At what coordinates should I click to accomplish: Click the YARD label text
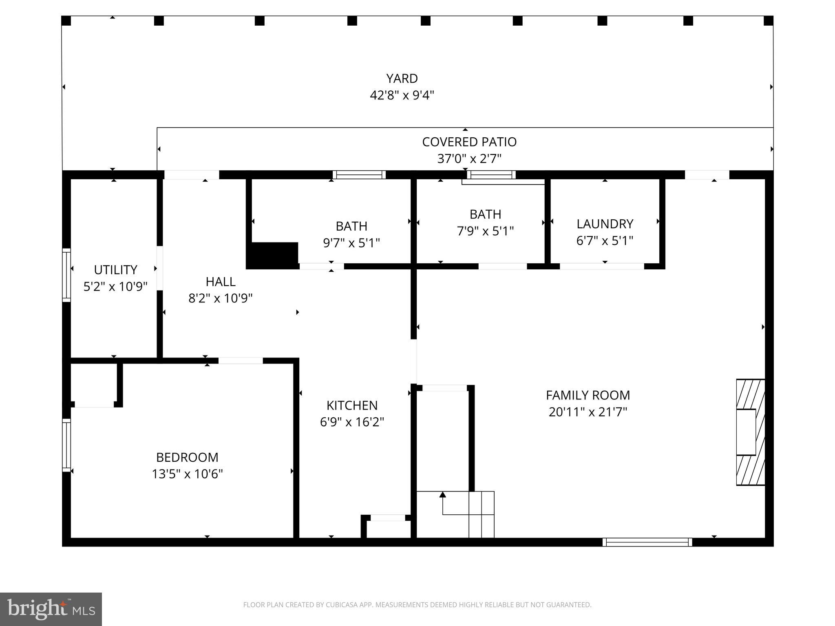click(402, 78)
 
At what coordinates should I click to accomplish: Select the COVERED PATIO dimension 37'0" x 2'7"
click(469, 159)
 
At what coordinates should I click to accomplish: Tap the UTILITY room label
click(115, 270)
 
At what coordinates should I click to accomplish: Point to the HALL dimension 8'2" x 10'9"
click(220, 298)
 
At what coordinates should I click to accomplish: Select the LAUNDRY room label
click(605, 224)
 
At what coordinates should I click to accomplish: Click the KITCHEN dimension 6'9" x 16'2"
click(352, 422)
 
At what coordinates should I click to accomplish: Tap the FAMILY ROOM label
click(588, 395)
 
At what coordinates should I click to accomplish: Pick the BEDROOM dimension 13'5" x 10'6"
click(187, 474)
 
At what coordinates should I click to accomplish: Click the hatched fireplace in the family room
click(750, 432)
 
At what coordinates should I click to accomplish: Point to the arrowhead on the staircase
click(442, 495)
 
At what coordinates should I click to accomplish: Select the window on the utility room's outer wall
click(66, 275)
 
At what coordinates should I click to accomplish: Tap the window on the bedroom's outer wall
click(66, 445)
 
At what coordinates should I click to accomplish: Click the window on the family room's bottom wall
click(647, 542)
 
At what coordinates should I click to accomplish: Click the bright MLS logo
click(51, 609)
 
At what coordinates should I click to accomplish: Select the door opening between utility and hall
click(160, 268)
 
